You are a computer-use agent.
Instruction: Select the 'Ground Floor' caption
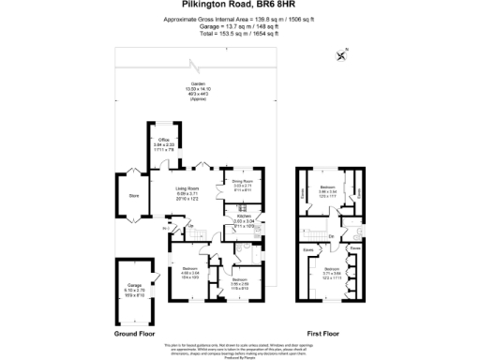coord(134,332)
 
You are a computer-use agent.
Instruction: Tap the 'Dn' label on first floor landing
coord(330,235)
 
